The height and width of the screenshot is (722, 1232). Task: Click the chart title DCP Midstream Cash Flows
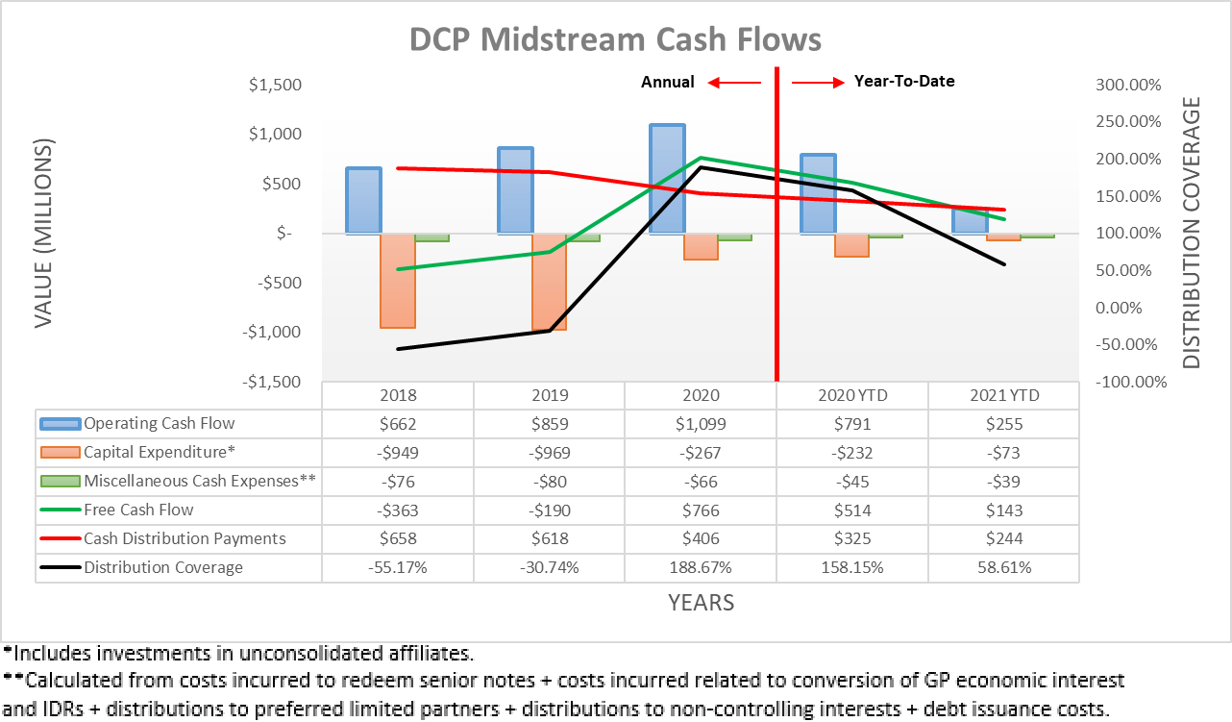615,39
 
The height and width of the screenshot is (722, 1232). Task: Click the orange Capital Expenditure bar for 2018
398,280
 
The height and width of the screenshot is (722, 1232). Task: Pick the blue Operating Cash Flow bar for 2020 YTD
818,193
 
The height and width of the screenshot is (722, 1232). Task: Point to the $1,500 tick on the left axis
275,85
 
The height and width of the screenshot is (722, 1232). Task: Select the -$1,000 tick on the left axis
272,332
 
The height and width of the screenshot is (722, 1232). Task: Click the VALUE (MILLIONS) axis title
44,233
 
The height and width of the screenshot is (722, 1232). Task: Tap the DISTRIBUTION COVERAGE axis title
1192,233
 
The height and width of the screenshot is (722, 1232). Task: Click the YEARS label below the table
701,603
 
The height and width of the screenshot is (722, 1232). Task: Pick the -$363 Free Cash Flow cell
398,510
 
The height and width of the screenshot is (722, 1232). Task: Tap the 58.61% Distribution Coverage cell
1003,568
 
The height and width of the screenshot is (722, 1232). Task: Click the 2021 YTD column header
1003,395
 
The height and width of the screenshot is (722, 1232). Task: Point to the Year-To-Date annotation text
904,82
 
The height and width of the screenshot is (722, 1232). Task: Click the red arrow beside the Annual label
733,83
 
